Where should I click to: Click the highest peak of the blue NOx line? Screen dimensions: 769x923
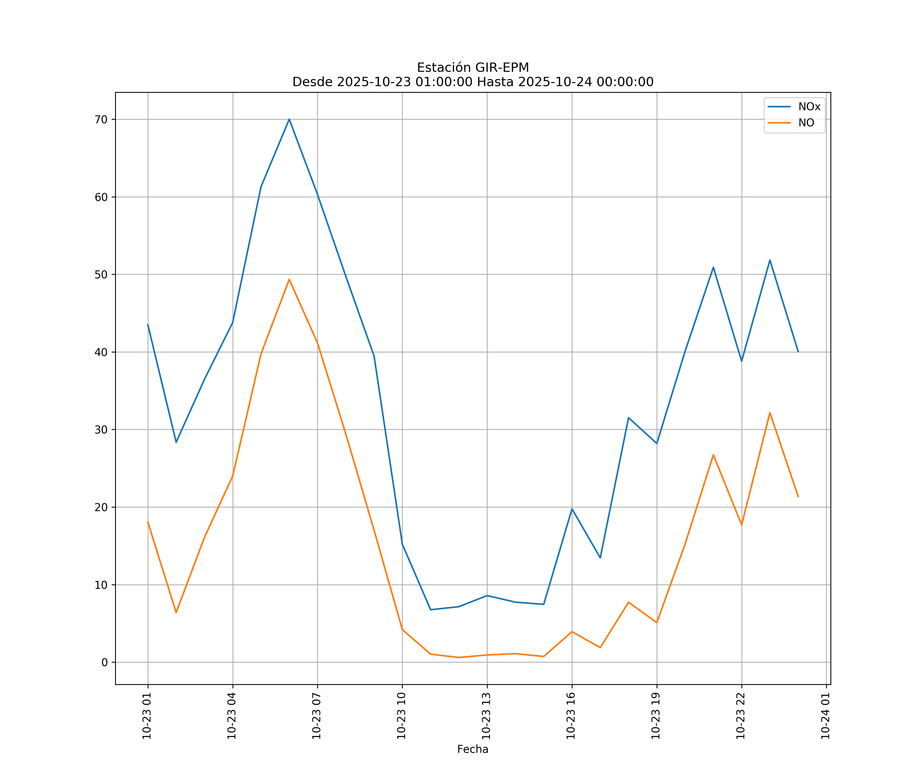point(289,119)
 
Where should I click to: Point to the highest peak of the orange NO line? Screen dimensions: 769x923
point(289,279)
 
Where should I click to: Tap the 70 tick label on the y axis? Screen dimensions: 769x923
point(101,119)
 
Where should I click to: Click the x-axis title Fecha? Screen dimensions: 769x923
point(473,749)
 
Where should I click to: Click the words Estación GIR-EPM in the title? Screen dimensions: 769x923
point(473,68)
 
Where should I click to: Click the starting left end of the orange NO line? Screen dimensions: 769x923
point(148,522)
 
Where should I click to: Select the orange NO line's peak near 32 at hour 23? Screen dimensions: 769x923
point(770,413)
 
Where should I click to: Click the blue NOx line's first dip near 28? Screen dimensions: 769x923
point(176,442)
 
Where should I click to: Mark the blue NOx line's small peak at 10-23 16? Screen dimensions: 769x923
point(572,509)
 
